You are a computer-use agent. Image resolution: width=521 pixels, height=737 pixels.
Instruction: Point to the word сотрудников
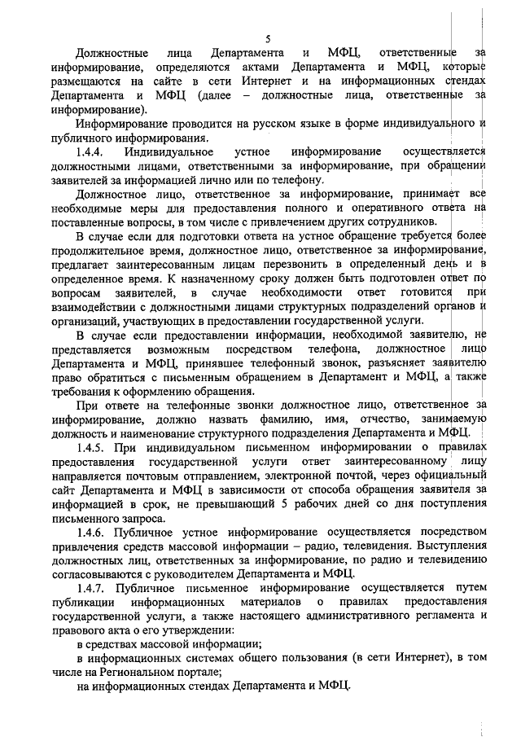[x=385, y=222]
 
